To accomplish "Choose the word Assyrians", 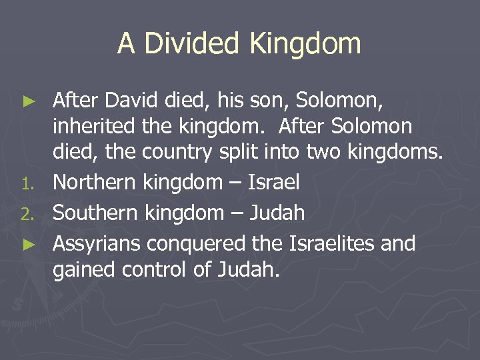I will (x=97, y=243).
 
